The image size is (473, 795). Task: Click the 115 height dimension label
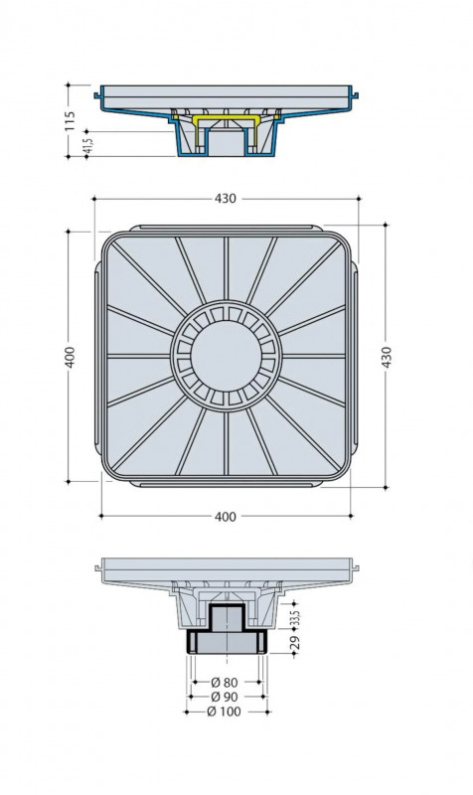pyautogui.click(x=70, y=121)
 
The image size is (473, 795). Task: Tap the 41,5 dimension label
pyautogui.click(x=87, y=144)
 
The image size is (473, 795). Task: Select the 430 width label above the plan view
pyautogui.click(x=226, y=198)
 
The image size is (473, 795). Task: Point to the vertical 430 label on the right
pyautogui.click(x=387, y=358)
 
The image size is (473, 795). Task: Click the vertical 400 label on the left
pyautogui.click(x=70, y=357)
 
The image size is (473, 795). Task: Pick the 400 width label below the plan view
pyautogui.click(x=226, y=516)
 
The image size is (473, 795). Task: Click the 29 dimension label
pyautogui.click(x=297, y=642)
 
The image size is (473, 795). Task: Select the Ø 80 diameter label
pyautogui.click(x=224, y=683)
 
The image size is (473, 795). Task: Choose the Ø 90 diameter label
pyautogui.click(x=224, y=697)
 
